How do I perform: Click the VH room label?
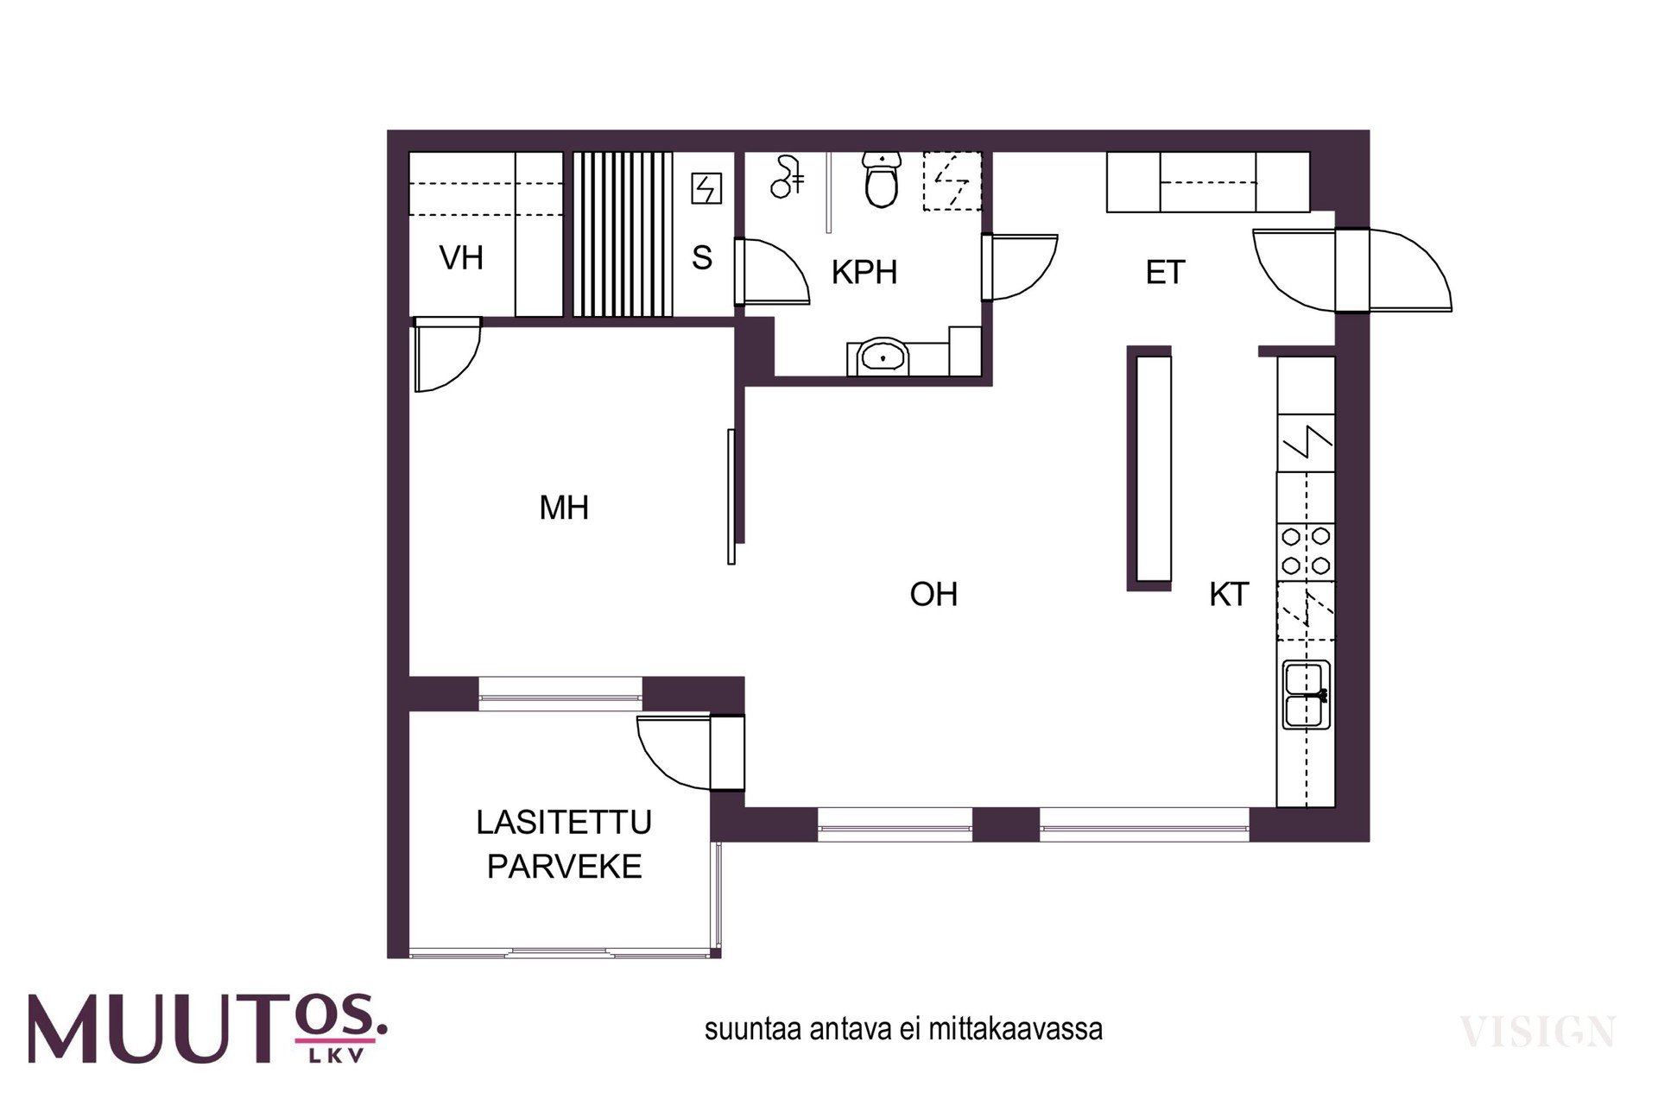461,257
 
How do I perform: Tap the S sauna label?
702,257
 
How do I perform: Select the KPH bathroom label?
864,272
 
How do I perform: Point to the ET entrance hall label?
1165,273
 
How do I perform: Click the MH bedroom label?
564,508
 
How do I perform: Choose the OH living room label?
933,594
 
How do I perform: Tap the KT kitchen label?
1229,594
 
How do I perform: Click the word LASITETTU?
564,822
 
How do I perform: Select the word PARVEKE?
564,866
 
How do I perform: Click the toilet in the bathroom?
882,180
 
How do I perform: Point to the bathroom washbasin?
882,356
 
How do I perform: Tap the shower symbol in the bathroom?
787,177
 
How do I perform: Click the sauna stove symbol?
706,188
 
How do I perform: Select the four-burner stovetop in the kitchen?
1306,552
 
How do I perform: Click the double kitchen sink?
1307,695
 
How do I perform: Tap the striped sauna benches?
623,235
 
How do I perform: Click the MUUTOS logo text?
207,1028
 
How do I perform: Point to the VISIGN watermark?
1537,1032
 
